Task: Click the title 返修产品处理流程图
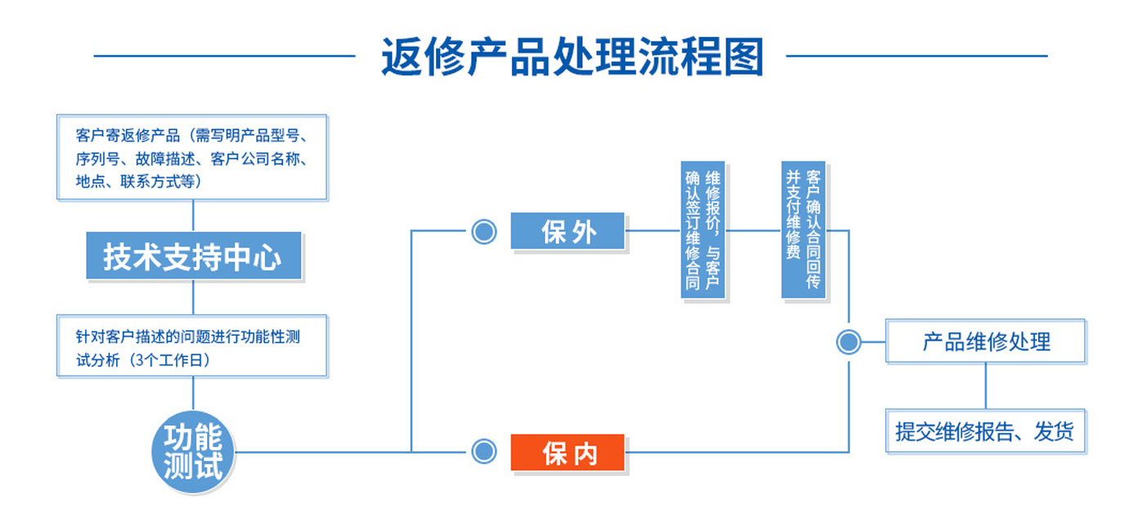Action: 572,56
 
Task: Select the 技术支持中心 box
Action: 194,255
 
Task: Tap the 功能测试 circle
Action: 193,451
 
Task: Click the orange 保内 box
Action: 568,453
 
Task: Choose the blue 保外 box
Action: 568,231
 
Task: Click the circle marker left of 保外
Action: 484,232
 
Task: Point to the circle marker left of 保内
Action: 484,451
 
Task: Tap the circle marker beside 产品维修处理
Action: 848,342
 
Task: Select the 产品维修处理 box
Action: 985,341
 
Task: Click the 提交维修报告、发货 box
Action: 985,431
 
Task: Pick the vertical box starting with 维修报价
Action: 703,230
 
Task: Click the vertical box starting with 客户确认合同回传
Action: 803,230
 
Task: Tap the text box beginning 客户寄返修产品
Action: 192,157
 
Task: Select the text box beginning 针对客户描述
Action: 192,346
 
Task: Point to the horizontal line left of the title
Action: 224,56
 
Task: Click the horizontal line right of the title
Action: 917,56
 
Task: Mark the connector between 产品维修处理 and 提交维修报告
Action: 985,386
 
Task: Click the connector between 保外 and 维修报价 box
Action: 653,231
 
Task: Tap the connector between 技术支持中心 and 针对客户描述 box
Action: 193,297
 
